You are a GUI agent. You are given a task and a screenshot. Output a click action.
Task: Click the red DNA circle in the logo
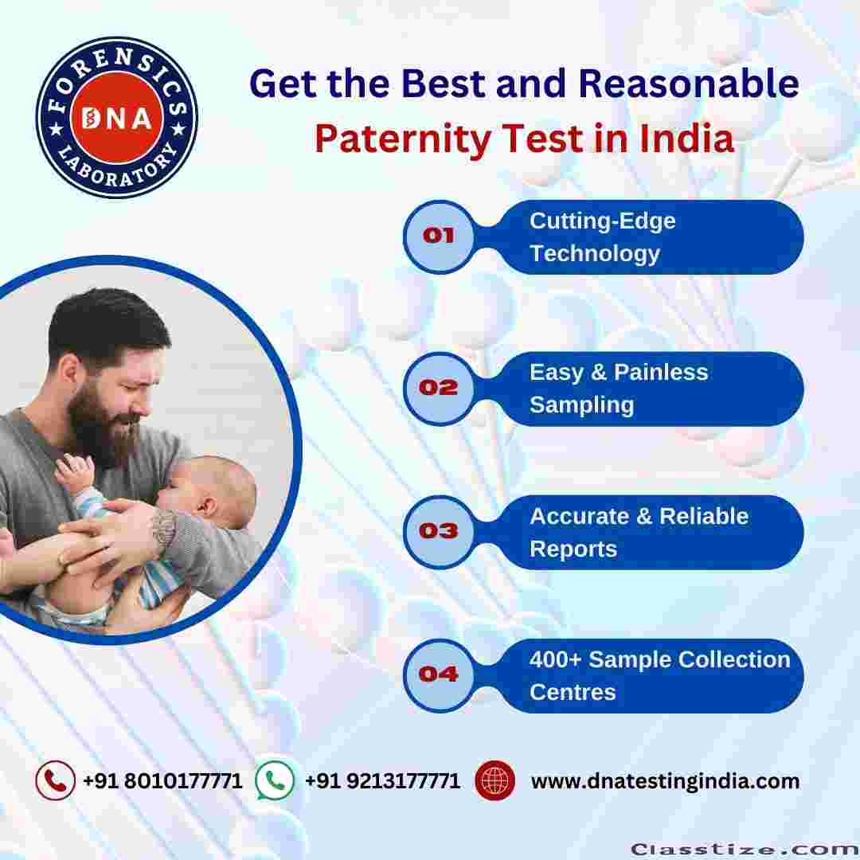tap(117, 117)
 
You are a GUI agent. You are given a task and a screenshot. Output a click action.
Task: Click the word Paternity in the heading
tap(403, 139)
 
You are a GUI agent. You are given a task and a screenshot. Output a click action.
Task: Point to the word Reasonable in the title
tap(688, 84)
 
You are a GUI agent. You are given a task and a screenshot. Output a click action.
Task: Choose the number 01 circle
tap(439, 236)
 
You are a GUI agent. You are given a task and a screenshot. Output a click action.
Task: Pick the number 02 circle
tap(439, 389)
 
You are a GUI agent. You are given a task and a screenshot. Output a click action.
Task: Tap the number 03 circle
tap(439, 531)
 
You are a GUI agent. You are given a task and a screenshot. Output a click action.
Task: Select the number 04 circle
tap(439, 675)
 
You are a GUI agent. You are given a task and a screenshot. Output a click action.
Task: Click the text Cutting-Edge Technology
tap(602, 237)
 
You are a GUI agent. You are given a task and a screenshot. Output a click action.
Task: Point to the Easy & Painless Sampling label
tap(619, 389)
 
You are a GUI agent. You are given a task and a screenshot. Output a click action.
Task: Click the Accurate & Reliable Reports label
tap(639, 532)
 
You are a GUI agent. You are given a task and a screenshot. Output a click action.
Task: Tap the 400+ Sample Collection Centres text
tap(660, 676)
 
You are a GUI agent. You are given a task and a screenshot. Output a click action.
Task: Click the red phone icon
tap(56, 780)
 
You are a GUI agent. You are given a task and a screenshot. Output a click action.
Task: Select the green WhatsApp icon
tap(275, 780)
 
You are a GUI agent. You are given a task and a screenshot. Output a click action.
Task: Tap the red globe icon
tap(494, 780)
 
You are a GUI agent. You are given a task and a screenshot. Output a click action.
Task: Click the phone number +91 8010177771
tap(162, 780)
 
